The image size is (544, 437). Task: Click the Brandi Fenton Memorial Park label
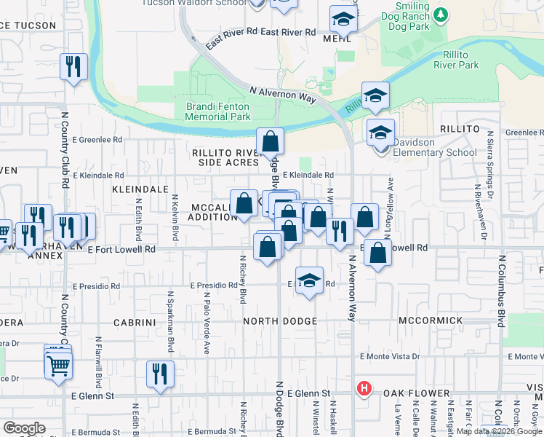click(218, 111)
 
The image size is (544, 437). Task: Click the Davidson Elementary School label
click(434, 147)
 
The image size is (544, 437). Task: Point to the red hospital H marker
click(364, 390)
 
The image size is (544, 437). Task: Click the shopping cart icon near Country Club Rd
click(58, 366)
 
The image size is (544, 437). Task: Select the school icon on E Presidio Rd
click(309, 281)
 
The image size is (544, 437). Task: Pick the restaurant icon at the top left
click(73, 66)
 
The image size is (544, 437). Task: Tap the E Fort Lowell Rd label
click(121, 249)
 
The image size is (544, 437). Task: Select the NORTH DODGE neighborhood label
click(280, 321)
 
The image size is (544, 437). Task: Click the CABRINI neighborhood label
click(136, 321)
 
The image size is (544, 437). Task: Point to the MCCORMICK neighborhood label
click(431, 320)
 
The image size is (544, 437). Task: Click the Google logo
click(24, 428)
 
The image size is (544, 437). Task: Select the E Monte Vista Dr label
click(391, 357)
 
